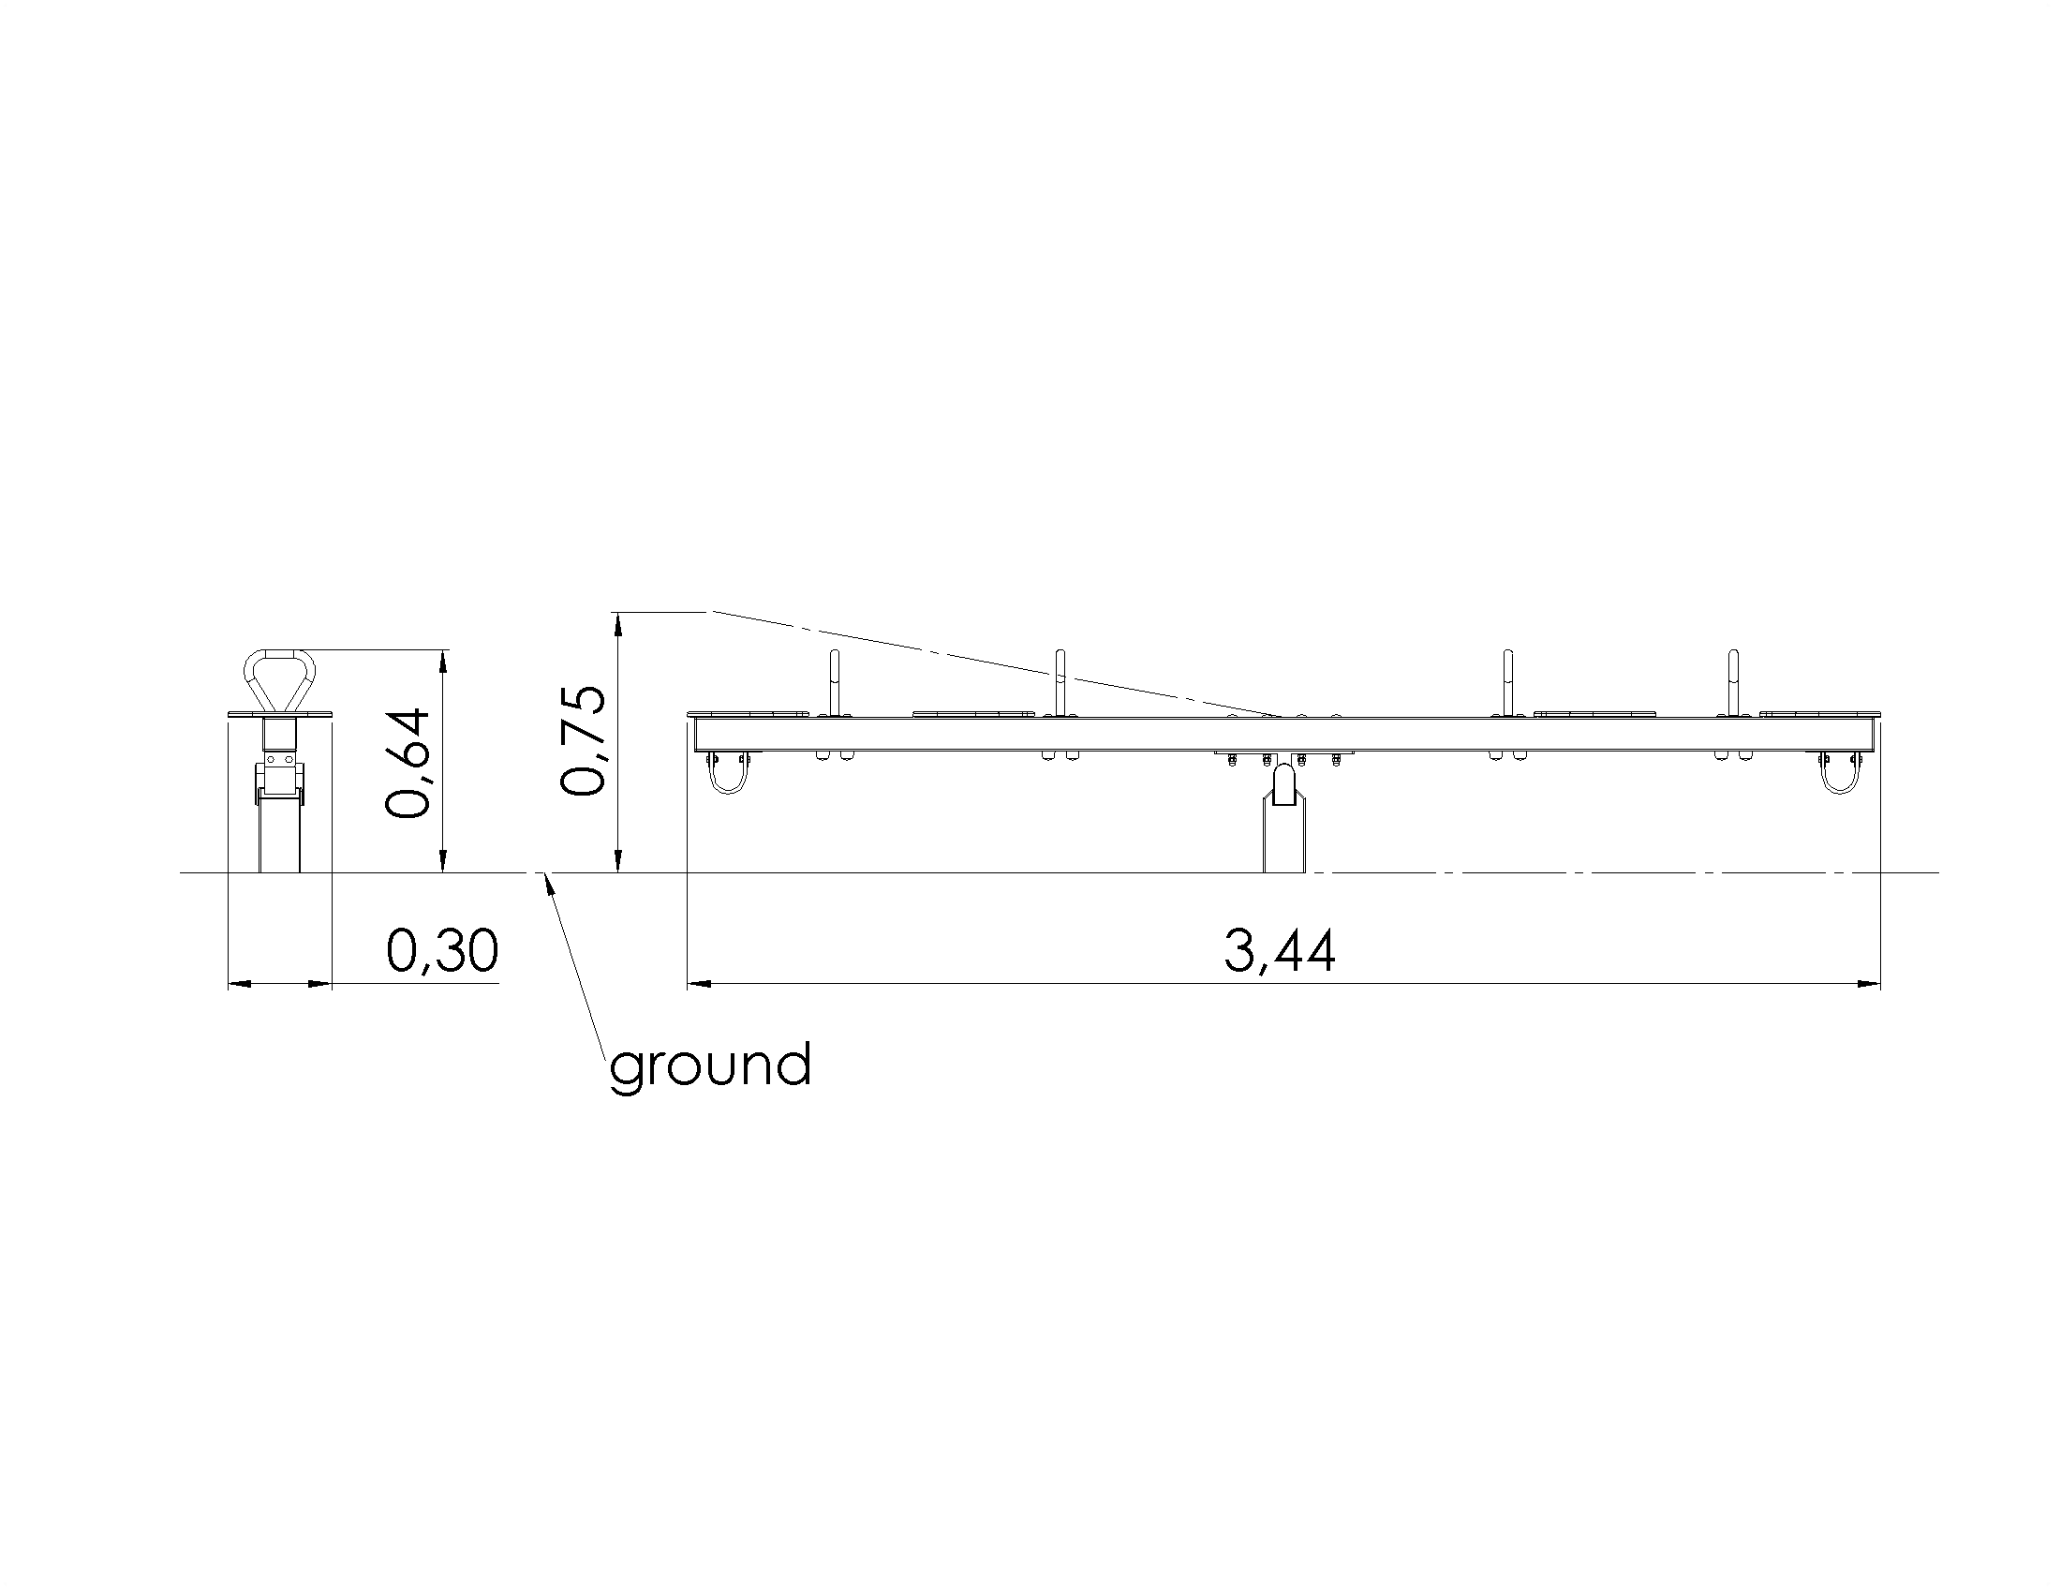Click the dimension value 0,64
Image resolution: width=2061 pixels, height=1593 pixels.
tap(408, 763)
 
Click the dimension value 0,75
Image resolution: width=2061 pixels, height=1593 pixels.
tap(583, 742)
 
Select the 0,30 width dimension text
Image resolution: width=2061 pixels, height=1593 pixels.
tap(442, 950)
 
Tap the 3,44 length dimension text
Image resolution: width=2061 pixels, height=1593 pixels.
tap(1280, 950)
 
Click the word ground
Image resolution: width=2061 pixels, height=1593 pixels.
tap(711, 1066)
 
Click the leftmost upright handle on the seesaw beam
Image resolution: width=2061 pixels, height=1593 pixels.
tap(833, 683)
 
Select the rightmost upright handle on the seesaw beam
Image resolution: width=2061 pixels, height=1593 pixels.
tap(1732, 683)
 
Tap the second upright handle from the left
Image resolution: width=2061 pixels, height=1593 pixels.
tap(1060, 683)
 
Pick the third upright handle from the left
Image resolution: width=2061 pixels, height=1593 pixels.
tap(1507, 683)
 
